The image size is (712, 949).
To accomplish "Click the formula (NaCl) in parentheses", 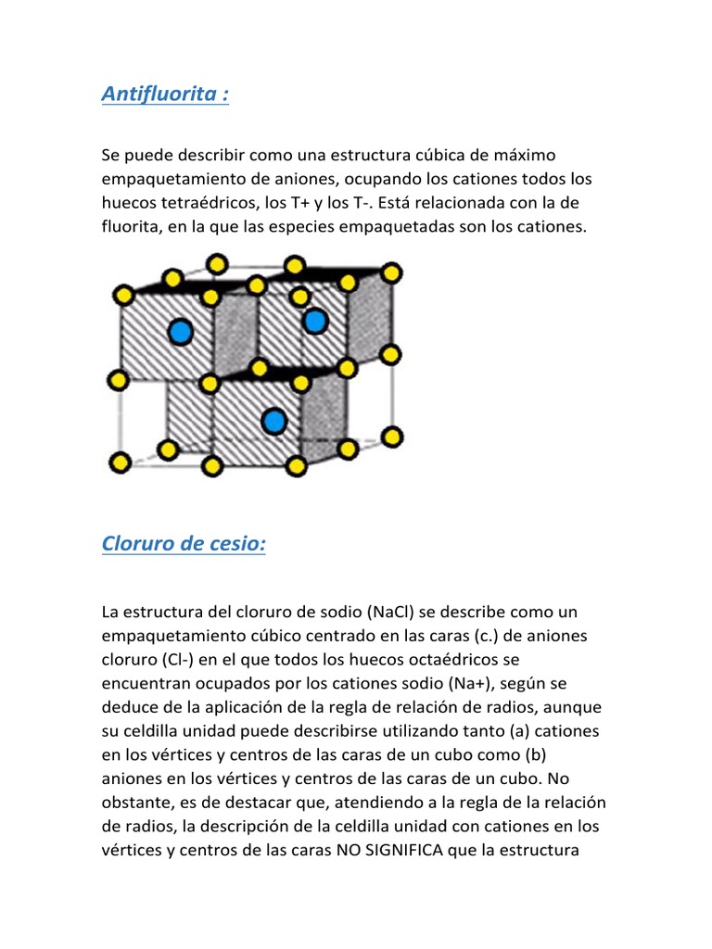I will [396, 613].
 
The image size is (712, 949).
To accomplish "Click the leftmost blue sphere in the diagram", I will [181, 330].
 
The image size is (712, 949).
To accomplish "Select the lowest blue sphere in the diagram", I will [273, 422].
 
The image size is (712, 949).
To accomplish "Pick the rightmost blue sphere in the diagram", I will [315, 321].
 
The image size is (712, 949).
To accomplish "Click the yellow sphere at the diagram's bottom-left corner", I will [120, 462].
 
